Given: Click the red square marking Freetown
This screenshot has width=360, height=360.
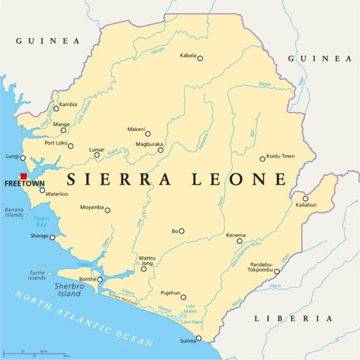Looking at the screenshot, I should coord(23,177).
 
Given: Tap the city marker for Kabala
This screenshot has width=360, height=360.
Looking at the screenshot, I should coord(200,58).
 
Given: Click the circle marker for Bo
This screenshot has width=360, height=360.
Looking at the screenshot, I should coord(182,231).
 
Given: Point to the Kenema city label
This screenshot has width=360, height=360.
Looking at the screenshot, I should coord(235,235).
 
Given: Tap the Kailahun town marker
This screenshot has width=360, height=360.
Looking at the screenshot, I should coord(306,198).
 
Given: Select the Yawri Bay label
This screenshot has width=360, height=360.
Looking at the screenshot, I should coord(41,221).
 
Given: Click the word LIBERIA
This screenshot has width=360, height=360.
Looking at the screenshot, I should coord(293,319).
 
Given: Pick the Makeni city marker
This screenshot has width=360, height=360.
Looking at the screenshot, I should coord(148,133).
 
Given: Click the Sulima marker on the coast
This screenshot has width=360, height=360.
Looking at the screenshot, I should coord(198,339).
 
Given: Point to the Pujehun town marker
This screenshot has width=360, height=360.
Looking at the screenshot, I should coord(183,297).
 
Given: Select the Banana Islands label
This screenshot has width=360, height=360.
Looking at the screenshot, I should coord(14,212).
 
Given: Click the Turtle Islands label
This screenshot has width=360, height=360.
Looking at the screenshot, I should coord(37,275).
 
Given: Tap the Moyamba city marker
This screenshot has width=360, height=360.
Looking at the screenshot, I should coord(107,210).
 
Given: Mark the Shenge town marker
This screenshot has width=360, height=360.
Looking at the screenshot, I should coord(53,237).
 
